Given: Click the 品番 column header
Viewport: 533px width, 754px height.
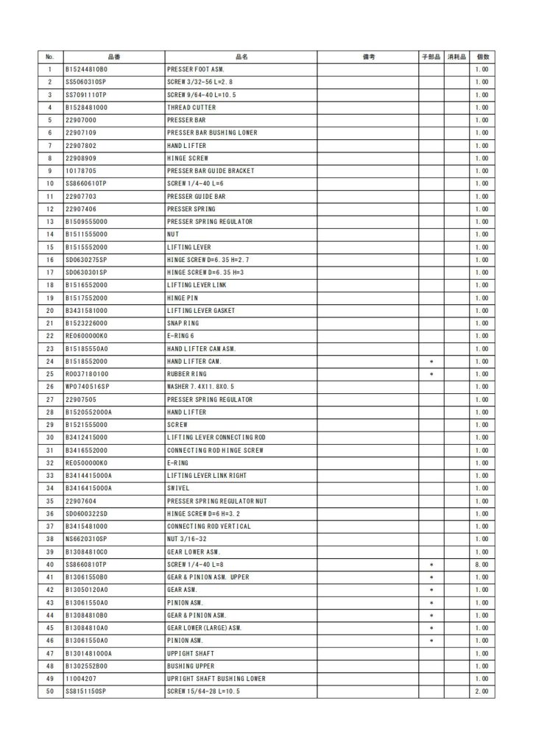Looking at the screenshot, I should coord(114,57).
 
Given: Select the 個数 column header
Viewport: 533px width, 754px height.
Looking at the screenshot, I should coord(483,57).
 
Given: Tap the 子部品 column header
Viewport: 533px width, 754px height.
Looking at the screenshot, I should coord(431,57).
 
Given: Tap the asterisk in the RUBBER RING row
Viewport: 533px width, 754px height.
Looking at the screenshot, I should coord(431,374).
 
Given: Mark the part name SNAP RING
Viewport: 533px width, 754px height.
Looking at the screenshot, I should coord(183,323).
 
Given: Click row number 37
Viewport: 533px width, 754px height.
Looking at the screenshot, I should coord(50,526).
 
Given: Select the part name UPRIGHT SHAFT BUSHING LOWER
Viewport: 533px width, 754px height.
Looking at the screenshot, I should coord(216,679).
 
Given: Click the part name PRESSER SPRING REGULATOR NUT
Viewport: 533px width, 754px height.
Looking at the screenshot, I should coord(217,501).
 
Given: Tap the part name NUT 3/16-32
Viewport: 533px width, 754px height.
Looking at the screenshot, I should coord(187,539).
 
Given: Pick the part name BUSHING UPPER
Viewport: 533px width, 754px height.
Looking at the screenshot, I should coord(191,666).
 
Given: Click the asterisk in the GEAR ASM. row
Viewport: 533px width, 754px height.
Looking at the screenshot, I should coord(431,590).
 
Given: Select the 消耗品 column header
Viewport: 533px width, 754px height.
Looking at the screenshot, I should coord(457,57).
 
